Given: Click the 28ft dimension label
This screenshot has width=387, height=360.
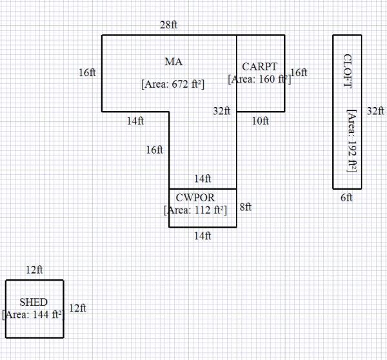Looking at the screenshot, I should (x=169, y=25).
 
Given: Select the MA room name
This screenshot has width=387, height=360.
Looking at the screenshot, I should (x=174, y=62).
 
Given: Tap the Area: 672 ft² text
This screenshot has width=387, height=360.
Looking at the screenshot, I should (x=172, y=83).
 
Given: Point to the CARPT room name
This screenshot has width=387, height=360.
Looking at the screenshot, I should (x=260, y=66).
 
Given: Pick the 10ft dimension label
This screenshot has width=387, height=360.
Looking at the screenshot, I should (x=261, y=121).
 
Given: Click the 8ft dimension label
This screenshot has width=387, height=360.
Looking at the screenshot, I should (x=245, y=207).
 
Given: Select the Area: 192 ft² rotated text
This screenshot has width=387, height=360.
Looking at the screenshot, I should (x=352, y=140).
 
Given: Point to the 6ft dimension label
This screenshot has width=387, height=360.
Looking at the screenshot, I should (x=346, y=198).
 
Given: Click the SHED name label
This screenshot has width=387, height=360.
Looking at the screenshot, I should (x=34, y=302).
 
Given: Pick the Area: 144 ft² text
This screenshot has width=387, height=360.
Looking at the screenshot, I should (x=32, y=315).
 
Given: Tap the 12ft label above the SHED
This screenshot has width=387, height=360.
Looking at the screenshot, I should (x=34, y=270).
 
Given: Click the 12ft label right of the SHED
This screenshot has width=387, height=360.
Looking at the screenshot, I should (x=77, y=308).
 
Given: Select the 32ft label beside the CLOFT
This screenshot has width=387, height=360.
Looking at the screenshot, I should (x=375, y=111).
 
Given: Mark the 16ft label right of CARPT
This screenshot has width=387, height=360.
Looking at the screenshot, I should (x=299, y=73).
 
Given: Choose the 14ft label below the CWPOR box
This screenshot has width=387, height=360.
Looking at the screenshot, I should (x=203, y=236).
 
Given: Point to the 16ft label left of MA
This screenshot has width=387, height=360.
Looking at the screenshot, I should (x=88, y=73).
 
